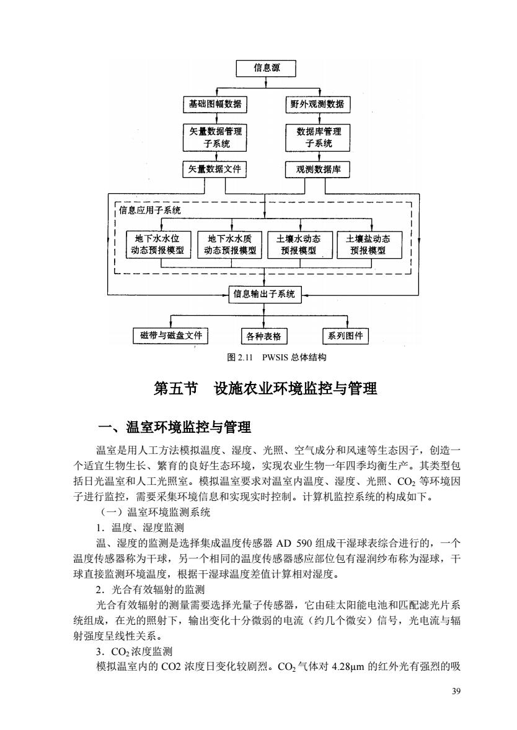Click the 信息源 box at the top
pos(266,68)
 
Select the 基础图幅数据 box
pos(215,104)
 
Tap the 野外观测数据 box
pos(317,104)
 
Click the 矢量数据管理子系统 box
pos(215,137)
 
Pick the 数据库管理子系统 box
pos(317,137)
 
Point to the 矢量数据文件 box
pos(214,170)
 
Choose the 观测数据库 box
pos(317,170)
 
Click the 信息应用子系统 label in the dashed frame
pos(150,210)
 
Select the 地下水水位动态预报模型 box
pos(157,245)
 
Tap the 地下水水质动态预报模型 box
pos(230,245)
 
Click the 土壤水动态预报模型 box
pos(298,245)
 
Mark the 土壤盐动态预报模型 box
pos(368,245)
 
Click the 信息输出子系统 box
pos(264,294)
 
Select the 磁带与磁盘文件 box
pos(170,336)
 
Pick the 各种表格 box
pos(264,336)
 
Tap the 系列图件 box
pos(345,336)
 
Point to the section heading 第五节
pos(175,389)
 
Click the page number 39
pos(456,691)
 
